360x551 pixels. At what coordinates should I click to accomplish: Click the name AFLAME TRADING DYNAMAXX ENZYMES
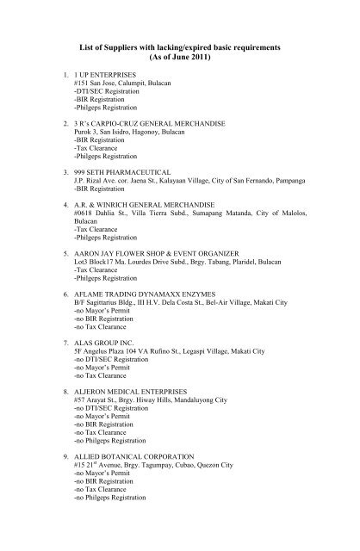[x=139, y=290]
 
